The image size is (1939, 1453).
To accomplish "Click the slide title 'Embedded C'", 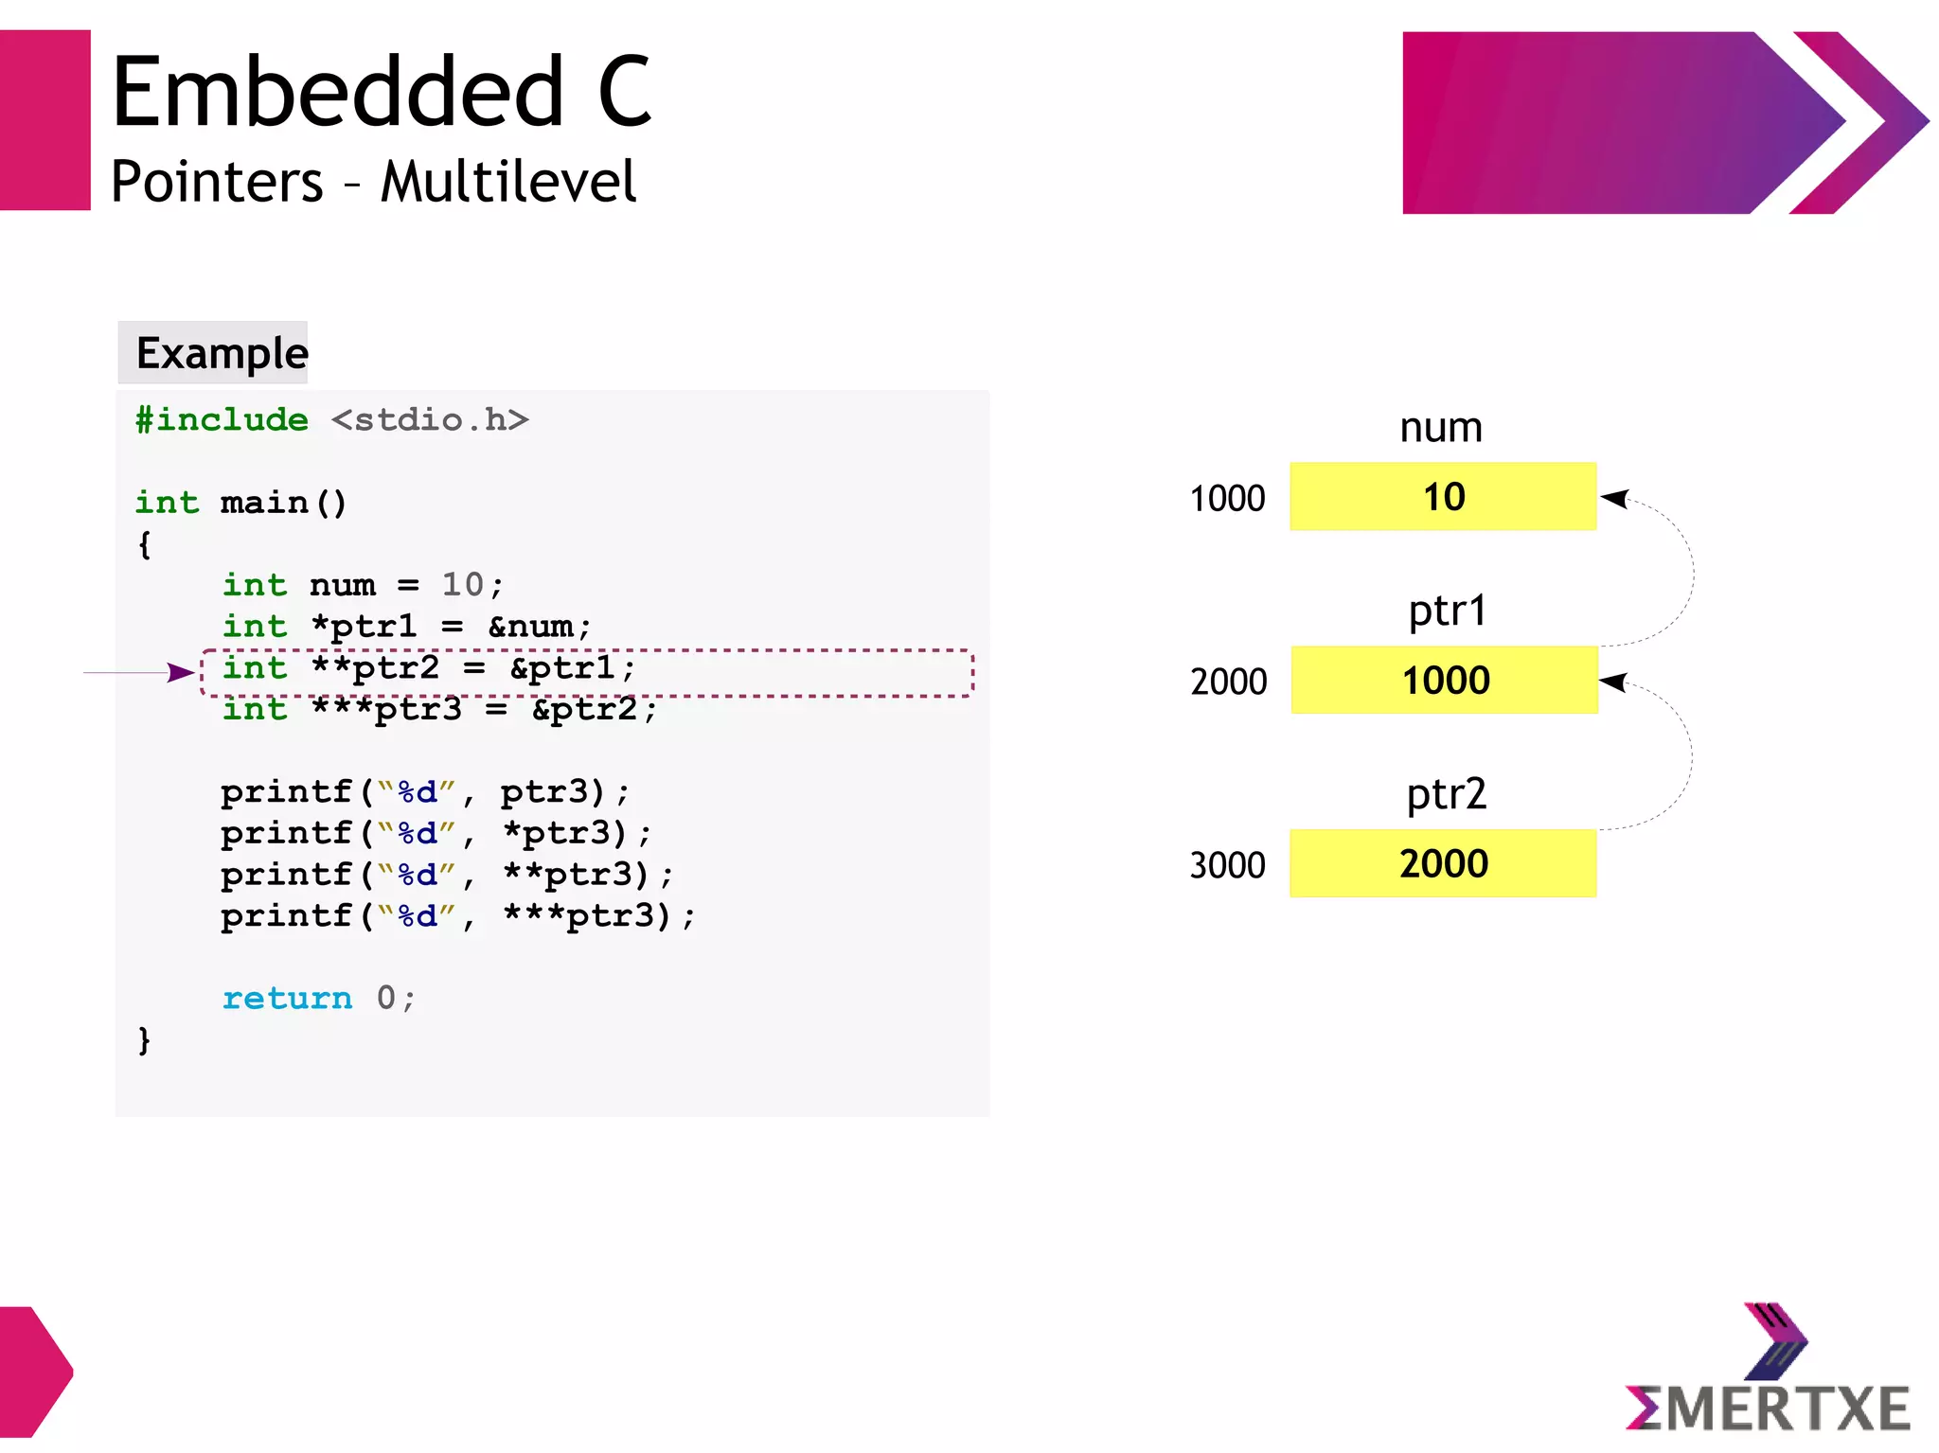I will point(382,92).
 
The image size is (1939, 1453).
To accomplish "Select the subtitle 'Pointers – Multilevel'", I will point(373,182).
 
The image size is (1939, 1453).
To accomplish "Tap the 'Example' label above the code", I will point(222,353).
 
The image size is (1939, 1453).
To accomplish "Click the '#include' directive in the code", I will point(222,419).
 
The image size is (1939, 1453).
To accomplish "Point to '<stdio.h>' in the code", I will point(429,419).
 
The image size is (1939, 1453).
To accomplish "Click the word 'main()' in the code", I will point(283,502).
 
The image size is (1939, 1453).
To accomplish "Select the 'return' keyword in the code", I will point(287,998).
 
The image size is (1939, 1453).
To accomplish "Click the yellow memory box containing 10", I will point(1443,496).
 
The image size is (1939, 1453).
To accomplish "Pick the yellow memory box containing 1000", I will point(1444,680).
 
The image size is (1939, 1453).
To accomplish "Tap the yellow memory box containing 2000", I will point(1443,863).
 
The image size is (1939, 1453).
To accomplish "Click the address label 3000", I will point(1227,865).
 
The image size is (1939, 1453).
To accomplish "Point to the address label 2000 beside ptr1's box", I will point(1228,682).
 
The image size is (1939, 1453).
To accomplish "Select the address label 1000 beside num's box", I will point(1227,498).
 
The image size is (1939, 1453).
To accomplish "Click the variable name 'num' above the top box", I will point(1441,428).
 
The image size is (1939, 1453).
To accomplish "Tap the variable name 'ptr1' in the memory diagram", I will point(1447,611).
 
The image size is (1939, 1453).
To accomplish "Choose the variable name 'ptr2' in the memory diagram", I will point(1446,794).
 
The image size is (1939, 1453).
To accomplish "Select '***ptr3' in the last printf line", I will point(578,915).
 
